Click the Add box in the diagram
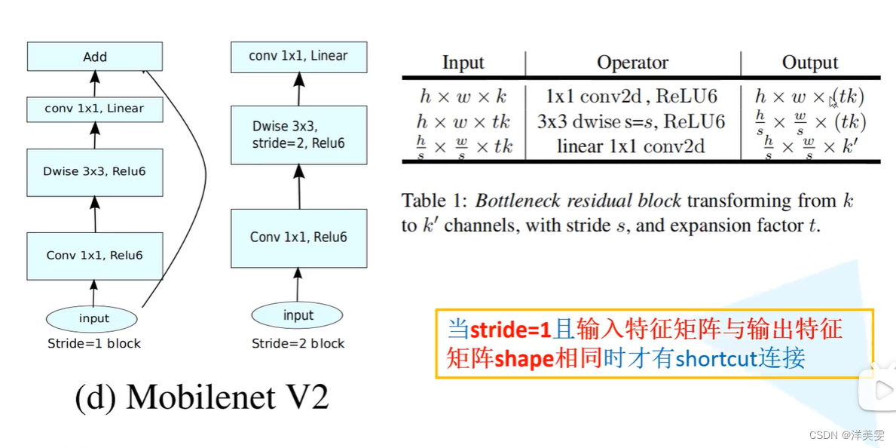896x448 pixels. pyautogui.click(x=95, y=57)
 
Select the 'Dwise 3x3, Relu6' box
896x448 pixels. pyautogui.click(x=95, y=172)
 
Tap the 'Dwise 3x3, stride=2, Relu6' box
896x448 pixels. pyautogui.click(x=299, y=135)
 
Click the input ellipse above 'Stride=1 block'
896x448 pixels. pyautogui.click(x=94, y=318)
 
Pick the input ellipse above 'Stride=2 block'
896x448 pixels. pyautogui.click(x=298, y=315)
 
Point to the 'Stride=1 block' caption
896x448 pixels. pyautogui.click(x=94, y=344)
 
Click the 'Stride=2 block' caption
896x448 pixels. pyautogui.click(x=298, y=344)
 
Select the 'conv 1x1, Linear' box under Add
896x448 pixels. pyautogui.click(x=95, y=109)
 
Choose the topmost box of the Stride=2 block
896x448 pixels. pyautogui.click(x=299, y=56)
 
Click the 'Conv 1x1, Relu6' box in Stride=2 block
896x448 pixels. pyautogui.click(x=299, y=238)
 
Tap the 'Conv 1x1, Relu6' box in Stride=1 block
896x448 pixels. pyautogui.click(x=95, y=255)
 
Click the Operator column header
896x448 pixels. pyautogui.click(x=633, y=63)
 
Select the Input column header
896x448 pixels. pyautogui.click(x=463, y=63)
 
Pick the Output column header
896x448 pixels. pyautogui.click(x=810, y=63)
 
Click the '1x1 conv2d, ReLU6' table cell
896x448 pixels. pyautogui.click(x=631, y=97)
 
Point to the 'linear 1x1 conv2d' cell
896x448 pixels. pyautogui.click(x=631, y=146)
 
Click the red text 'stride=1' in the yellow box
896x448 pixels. pyautogui.click(x=511, y=330)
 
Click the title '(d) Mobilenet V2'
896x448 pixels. pyautogui.click(x=202, y=397)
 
